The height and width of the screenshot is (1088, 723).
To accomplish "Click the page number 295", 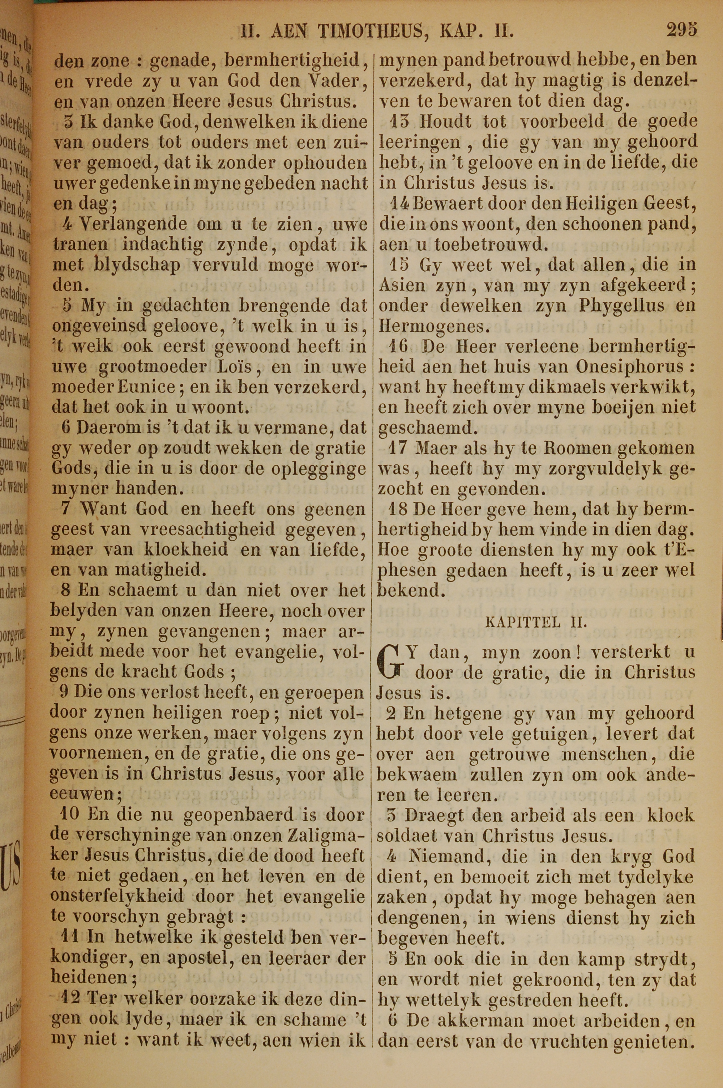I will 681,30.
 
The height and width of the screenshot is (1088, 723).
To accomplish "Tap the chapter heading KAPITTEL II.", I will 536,622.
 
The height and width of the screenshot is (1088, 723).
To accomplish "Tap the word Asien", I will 402,285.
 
